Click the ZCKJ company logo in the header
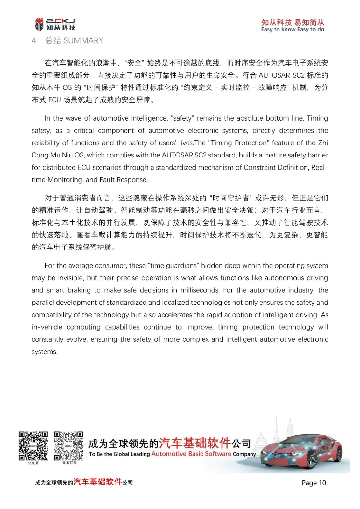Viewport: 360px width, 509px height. [x=55, y=24]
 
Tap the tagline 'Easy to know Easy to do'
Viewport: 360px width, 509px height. [x=293, y=30]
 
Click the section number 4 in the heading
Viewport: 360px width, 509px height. [x=34, y=40]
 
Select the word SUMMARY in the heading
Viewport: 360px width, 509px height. [x=83, y=40]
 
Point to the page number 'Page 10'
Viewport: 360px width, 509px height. [x=314, y=483]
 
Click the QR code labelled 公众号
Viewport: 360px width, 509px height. [x=33, y=446]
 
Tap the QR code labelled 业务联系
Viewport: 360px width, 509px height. [x=68, y=446]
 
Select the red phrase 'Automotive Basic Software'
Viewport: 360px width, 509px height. [x=191, y=454]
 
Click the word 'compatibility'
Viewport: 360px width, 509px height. [x=51, y=315]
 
